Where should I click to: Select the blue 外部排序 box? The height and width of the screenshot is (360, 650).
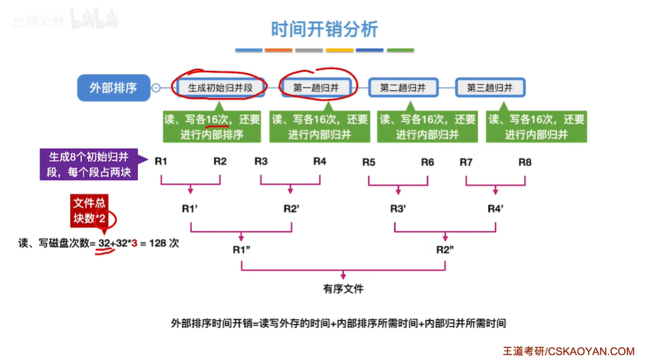click(113, 87)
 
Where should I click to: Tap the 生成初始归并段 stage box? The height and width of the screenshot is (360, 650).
click(220, 87)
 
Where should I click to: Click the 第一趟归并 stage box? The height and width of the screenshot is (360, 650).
click(320, 87)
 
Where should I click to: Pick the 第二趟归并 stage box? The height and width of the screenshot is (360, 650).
click(407, 87)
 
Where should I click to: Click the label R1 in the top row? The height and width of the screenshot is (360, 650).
click(161, 162)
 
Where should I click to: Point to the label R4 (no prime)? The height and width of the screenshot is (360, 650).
click(320, 162)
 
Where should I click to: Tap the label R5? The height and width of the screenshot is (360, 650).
click(369, 163)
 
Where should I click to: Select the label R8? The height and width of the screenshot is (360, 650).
click(524, 163)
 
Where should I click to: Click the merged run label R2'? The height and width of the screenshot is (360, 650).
click(292, 208)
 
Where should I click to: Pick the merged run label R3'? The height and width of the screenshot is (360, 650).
click(399, 208)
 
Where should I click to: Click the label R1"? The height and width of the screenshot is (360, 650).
click(242, 249)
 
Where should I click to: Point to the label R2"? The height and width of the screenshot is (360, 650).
click(447, 249)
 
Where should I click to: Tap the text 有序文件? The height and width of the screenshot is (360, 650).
click(343, 288)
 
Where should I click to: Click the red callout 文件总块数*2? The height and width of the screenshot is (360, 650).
click(91, 211)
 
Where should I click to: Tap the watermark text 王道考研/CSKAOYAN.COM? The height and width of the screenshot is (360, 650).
click(568, 350)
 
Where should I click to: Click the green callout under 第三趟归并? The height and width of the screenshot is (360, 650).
click(537, 126)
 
